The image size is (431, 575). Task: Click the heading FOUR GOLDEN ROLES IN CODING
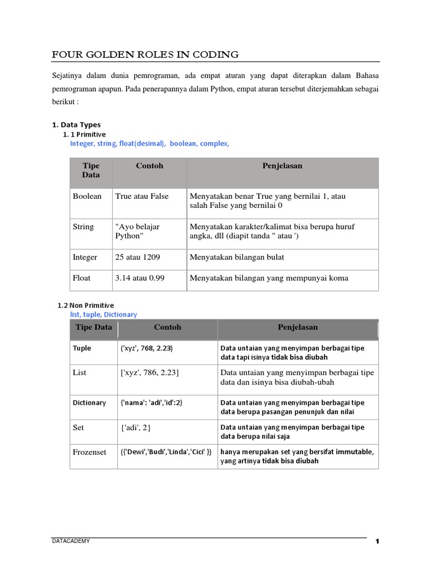tap(145, 54)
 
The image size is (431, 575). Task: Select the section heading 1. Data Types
tap(76, 125)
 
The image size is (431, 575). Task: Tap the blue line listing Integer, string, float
tap(149, 144)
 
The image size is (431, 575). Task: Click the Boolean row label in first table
tap(87, 197)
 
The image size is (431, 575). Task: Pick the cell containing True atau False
tap(141, 197)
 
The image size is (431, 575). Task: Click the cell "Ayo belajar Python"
tap(137, 231)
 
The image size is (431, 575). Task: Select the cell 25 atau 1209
tap(137, 257)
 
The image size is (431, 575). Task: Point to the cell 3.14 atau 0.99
tap(140, 278)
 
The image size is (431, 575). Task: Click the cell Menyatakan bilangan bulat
tap(237, 257)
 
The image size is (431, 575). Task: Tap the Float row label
tap(81, 278)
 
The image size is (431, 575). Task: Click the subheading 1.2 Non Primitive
tap(86, 305)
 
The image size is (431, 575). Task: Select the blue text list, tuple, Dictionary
tap(103, 314)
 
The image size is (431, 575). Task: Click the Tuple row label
tap(82, 348)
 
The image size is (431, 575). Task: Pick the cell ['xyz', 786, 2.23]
tap(150, 373)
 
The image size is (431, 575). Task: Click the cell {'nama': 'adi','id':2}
tap(152, 403)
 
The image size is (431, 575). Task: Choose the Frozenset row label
tap(89, 452)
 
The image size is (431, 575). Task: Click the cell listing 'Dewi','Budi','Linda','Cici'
tap(166, 452)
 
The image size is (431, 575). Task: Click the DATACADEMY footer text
tap(70, 541)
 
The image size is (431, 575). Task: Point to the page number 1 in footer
tap(378, 542)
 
